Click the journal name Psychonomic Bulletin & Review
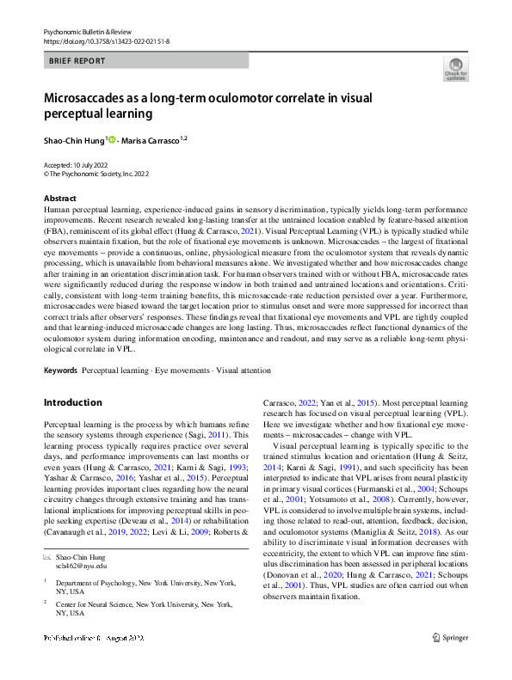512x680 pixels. click(x=87, y=31)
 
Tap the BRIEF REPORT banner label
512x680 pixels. click(x=77, y=61)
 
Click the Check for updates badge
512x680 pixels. click(x=455, y=70)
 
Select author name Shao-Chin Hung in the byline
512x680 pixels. click(x=72, y=139)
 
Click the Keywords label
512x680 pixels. click(x=61, y=371)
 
